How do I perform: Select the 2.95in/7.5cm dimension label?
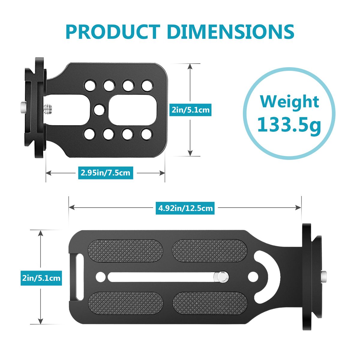click(106, 172)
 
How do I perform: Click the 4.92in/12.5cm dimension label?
click(185, 208)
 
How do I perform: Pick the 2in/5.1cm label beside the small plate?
click(190, 110)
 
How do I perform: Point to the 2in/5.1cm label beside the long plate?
click(41, 278)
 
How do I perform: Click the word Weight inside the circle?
click(289, 101)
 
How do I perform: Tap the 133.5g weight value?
click(289, 124)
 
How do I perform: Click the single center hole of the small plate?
click(99, 110)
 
